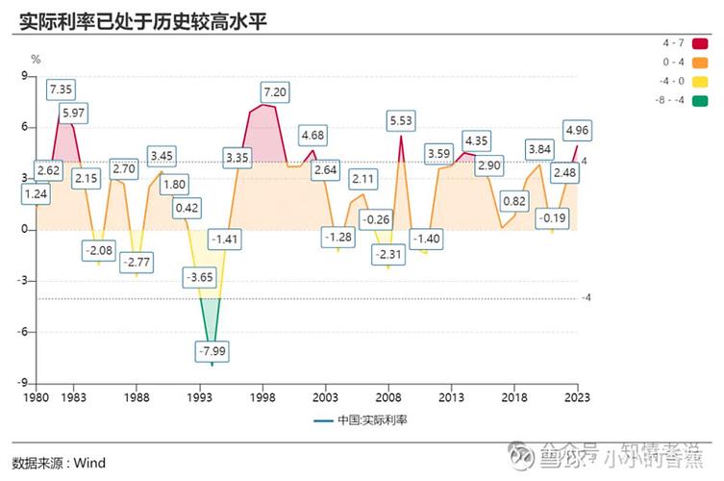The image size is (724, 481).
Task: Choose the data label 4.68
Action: coord(312,135)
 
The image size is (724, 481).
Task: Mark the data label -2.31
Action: coord(387,255)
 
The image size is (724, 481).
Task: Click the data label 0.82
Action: coord(514,201)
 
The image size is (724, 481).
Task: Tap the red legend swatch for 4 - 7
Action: coord(699,44)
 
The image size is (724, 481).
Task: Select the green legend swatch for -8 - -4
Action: coord(699,99)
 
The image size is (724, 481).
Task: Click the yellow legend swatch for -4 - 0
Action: coord(699,81)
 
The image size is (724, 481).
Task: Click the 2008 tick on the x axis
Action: coord(388,396)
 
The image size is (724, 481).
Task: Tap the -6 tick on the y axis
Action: coord(25,332)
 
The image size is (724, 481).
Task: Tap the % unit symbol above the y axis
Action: coord(36,59)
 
